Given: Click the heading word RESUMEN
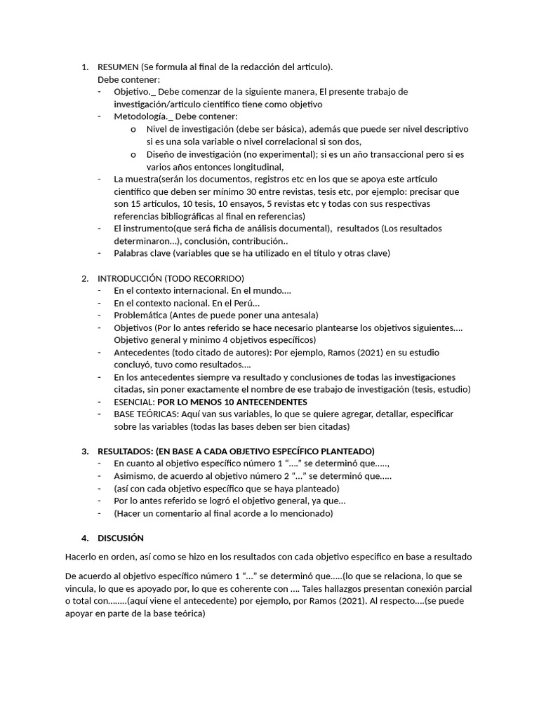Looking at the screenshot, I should pyautogui.click(x=118, y=67).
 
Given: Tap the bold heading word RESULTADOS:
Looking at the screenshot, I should pyautogui.click(x=125, y=451).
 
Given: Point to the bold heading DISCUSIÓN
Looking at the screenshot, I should pyautogui.click(x=121, y=538).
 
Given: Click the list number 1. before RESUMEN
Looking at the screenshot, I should pyautogui.click(x=85, y=67).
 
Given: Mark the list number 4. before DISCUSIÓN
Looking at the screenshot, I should pyautogui.click(x=85, y=538).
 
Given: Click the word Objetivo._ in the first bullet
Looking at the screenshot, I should pyautogui.click(x=136, y=92).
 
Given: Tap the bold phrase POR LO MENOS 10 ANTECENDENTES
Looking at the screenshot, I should pyautogui.click(x=232, y=402).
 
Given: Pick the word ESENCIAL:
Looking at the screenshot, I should pyautogui.click(x=134, y=402).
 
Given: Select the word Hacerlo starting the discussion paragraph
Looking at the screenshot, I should pyautogui.click(x=81, y=557).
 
